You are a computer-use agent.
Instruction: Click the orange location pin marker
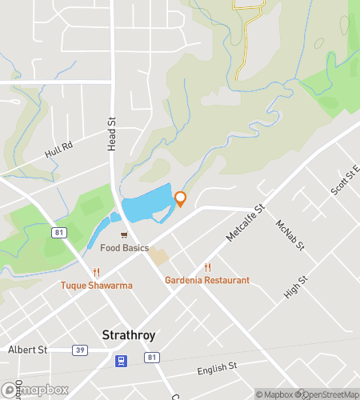click(x=180, y=198)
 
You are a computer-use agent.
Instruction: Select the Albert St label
click(x=28, y=350)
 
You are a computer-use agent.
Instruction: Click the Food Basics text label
click(x=124, y=248)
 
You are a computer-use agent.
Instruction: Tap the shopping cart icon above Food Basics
click(x=124, y=235)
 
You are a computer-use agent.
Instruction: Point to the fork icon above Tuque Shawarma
click(x=96, y=272)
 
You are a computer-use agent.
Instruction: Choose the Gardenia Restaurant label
click(x=207, y=280)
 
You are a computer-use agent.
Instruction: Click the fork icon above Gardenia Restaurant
click(x=207, y=267)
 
